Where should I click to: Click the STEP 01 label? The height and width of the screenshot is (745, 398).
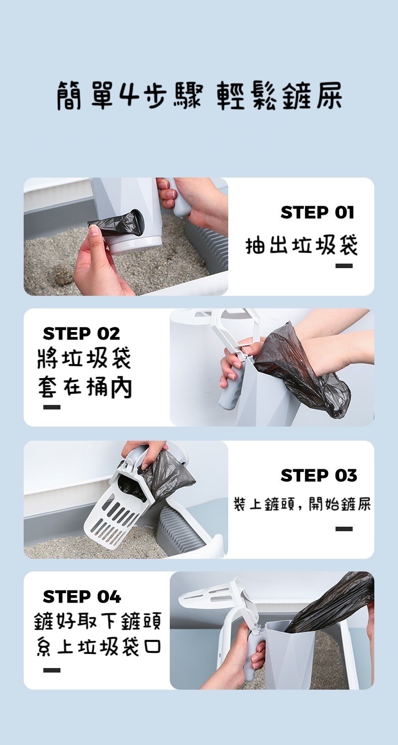point(317,212)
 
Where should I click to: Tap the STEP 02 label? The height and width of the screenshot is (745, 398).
point(81,334)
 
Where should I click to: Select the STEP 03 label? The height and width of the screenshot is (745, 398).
point(319,475)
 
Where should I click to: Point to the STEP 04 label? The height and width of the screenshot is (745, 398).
point(82,597)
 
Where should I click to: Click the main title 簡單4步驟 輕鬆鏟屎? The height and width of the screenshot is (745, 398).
point(199,96)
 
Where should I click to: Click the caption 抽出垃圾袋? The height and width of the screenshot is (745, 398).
point(302,245)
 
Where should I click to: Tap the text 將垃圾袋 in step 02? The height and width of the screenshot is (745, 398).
point(84,359)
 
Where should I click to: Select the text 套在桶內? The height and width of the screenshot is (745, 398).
point(85,387)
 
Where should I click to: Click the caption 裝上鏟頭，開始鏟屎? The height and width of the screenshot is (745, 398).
point(302,504)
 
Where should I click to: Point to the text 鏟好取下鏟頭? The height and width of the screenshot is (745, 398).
point(98,621)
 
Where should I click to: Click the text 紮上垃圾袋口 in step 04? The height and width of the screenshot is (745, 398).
point(99,647)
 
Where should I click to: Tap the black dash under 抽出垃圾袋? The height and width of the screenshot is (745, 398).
point(344,266)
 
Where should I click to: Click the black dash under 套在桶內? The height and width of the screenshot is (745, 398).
point(51,407)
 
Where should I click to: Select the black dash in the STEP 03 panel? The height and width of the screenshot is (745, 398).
point(344,529)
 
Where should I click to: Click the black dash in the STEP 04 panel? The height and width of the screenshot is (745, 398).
point(51,670)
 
